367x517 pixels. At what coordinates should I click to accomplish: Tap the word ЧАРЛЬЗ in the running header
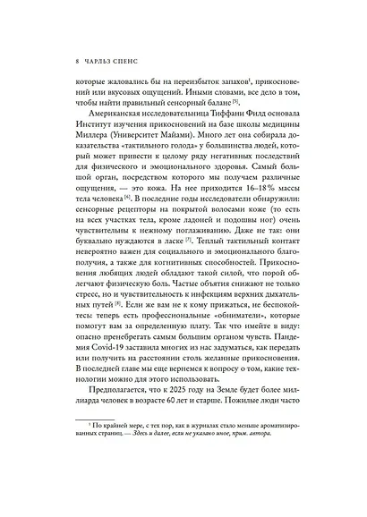point(82,64)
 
